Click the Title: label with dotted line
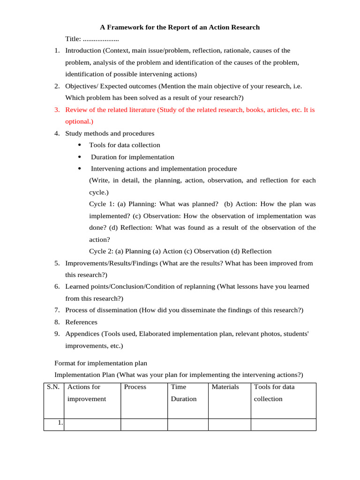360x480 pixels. point(92,39)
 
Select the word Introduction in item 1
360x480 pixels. point(83,51)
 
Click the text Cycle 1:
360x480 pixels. point(102,204)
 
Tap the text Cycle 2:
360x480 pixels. point(102,251)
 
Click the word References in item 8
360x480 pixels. point(81,322)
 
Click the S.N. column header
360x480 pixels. point(53,387)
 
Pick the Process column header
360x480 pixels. point(135,387)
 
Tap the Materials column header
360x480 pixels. point(225,387)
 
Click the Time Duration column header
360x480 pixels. point(183,393)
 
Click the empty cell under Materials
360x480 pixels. point(229,424)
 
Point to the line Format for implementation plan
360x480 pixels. point(101,363)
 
